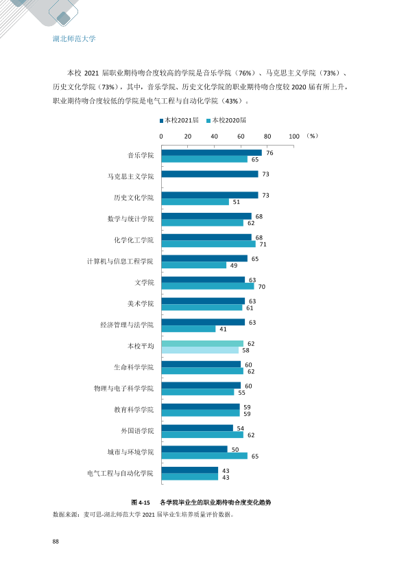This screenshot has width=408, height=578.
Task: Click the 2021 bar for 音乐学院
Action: click(x=211, y=152)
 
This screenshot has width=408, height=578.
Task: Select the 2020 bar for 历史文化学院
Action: click(x=195, y=202)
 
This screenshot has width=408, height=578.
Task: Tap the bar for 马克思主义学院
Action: click(x=210, y=174)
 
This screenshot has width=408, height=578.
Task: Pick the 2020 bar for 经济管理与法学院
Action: click(x=189, y=330)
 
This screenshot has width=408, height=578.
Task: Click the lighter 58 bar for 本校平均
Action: click(x=200, y=350)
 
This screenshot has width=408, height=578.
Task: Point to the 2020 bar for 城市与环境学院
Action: click(x=204, y=456)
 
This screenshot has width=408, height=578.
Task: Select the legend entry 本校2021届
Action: click(x=179, y=120)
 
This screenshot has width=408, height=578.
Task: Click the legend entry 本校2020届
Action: click(x=226, y=120)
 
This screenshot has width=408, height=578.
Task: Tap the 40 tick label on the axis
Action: click(x=215, y=137)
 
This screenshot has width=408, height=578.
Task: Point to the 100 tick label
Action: click(x=294, y=137)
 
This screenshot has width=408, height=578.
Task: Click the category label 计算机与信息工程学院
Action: click(x=120, y=262)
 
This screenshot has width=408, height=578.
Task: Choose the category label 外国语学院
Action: click(x=137, y=431)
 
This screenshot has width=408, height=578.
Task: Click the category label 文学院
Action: click(x=144, y=283)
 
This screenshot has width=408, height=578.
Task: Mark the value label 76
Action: click(x=269, y=153)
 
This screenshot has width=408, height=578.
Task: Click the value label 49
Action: click(x=234, y=266)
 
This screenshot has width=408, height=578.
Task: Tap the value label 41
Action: click(x=223, y=330)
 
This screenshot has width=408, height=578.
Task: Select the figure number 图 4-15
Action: click(x=141, y=502)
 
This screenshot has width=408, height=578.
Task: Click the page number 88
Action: click(x=56, y=542)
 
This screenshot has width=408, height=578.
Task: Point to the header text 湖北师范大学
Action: click(x=74, y=38)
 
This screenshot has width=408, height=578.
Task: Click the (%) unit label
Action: click(x=312, y=136)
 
